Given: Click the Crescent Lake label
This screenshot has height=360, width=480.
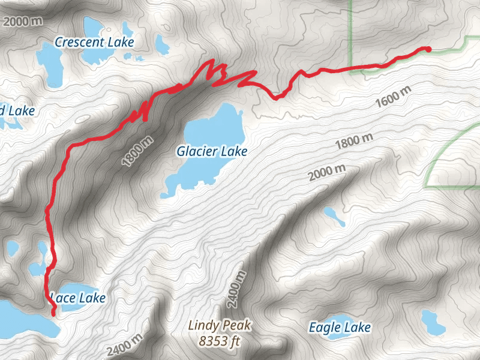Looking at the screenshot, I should [94, 42].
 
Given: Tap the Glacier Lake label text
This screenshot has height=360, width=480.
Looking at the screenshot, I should [212, 152].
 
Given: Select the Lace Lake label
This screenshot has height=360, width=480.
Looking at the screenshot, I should [79, 298].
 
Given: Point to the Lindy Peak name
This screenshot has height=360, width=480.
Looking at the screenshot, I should [220, 326].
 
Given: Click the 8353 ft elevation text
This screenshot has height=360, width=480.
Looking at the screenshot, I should [220, 341].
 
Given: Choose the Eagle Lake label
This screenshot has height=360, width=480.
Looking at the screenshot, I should [340, 328].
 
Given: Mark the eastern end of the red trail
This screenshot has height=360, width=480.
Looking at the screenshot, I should [428, 49].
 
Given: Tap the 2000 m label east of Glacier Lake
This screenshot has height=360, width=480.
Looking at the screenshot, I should [328, 173].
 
